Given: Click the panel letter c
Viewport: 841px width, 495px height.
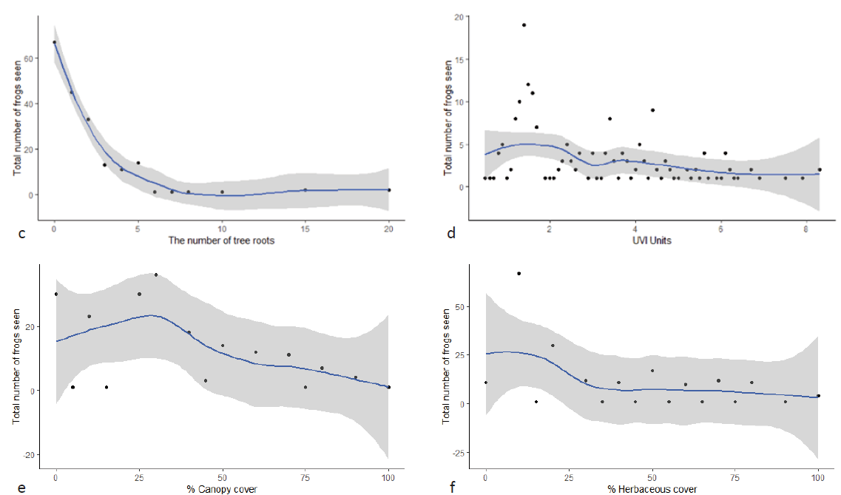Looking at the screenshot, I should (22, 235).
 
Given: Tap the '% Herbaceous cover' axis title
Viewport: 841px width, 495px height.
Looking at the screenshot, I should (651, 489).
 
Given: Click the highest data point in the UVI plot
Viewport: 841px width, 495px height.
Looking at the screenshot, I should (524, 25).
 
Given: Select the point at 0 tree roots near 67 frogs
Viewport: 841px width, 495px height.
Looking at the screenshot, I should (54, 42).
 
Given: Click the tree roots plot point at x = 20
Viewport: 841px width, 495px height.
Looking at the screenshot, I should (389, 190).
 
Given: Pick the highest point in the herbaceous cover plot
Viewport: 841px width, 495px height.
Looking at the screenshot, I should (519, 274).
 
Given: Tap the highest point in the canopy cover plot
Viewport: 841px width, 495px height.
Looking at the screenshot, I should (155, 275).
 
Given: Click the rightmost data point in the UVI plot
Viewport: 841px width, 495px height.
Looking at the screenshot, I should (819, 169).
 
